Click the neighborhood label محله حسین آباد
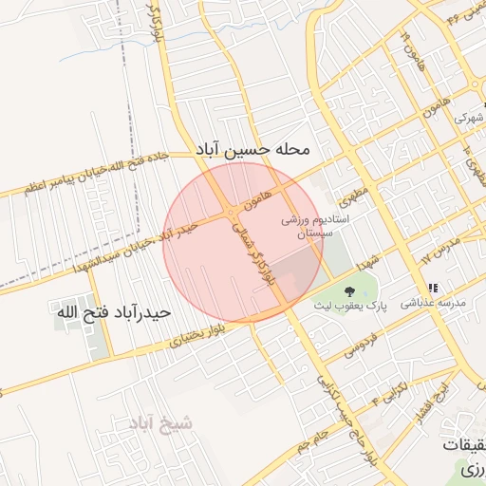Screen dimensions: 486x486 tap(253, 150)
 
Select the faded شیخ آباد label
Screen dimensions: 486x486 tap(159, 423)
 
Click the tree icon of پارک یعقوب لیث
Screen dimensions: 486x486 tap(349, 290)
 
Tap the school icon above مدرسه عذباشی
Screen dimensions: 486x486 tap(433, 288)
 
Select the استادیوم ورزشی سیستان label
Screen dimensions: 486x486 tap(315, 225)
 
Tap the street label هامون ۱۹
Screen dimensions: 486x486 tap(409, 45)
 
